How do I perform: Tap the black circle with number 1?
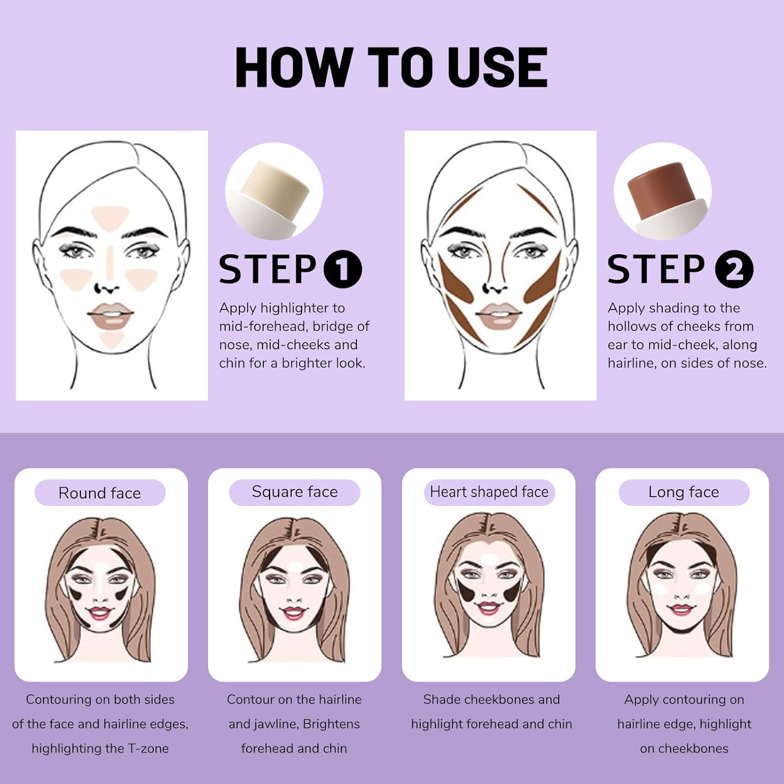[343, 269]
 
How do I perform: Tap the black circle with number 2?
[734, 269]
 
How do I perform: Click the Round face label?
[100, 493]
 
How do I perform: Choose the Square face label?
[295, 492]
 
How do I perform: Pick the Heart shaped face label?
[489, 492]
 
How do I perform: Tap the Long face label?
[684, 492]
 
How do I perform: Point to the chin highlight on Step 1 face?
[111, 339]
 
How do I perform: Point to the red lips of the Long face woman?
[681, 609]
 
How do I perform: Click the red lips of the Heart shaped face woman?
[488, 607]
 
